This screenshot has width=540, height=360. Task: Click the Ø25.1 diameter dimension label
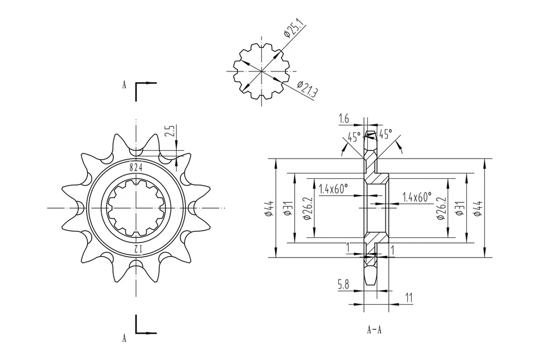pyautogui.click(x=294, y=28)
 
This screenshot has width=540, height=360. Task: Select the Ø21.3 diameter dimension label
pyautogui.click(x=307, y=91)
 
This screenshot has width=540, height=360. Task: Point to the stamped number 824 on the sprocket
pyautogui.click(x=136, y=167)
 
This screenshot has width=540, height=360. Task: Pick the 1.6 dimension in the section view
pyautogui.click(x=344, y=119)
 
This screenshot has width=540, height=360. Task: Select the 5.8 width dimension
pyautogui.click(x=343, y=285)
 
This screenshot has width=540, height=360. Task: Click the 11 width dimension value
pyautogui.click(x=408, y=298)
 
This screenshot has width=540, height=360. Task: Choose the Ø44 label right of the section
pyautogui.click(x=479, y=208)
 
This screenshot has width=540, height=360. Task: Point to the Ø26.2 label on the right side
pyautogui.click(x=441, y=208)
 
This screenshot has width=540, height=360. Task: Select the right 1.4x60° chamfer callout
pyautogui.click(x=417, y=197)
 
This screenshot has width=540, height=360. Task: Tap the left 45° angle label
pyautogui.click(x=354, y=137)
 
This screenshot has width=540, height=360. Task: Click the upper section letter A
pyautogui.click(x=124, y=85)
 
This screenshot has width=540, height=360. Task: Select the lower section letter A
pyautogui.click(x=124, y=338)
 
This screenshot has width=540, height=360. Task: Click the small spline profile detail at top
pyautogui.click(x=262, y=71)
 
